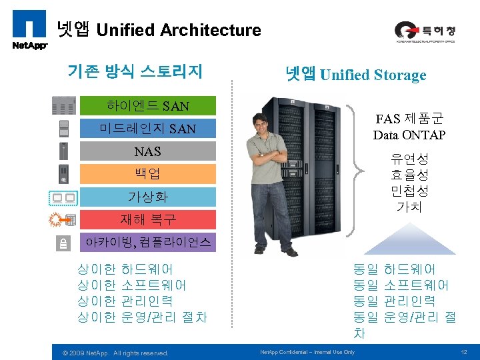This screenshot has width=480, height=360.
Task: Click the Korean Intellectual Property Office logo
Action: (x=425, y=32)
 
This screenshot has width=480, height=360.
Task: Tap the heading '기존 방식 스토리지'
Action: (x=135, y=71)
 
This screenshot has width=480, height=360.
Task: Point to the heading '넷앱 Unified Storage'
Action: (x=355, y=74)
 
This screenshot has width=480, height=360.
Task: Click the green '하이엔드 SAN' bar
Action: (x=148, y=105)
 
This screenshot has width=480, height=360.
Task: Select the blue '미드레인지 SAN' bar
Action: (x=148, y=128)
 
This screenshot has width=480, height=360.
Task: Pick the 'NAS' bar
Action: (x=148, y=151)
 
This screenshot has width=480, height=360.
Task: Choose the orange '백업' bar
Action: (x=148, y=174)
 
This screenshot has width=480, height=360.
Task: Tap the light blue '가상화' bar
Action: (x=148, y=197)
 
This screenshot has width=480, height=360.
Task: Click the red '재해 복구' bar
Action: (x=148, y=219)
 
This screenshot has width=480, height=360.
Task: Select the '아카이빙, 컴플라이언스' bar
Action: (x=148, y=243)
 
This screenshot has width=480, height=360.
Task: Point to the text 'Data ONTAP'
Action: (x=409, y=135)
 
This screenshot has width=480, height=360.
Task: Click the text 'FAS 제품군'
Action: (x=409, y=119)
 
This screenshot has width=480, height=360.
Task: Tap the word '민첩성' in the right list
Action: (x=409, y=191)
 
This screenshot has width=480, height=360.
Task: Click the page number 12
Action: (x=463, y=352)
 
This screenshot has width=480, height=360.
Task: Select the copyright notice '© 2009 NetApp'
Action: (x=115, y=353)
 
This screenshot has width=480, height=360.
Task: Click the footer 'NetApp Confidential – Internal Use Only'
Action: (x=307, y=352)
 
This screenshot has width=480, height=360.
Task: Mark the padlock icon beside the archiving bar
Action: (x=63, y=243)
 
